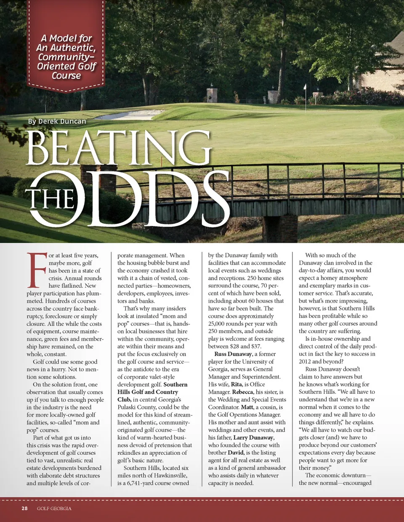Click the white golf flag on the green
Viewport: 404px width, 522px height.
tap(305, 87)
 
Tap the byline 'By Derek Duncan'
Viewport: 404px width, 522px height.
tap(57, 122)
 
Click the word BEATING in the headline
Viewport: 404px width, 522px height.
tap(119, 148)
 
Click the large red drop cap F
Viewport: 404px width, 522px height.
tap(36, 270)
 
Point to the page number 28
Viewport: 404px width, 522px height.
tap(25, 509)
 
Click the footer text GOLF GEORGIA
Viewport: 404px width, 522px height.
tap(54, 509)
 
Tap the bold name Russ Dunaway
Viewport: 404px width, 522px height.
tap(233, 354)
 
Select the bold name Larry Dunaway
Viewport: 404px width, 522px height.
tap(253, 437)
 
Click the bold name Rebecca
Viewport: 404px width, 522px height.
tap(242, 392)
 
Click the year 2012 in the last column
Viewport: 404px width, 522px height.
tap(305, 362)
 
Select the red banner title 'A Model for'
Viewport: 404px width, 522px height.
tap(66, 38)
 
